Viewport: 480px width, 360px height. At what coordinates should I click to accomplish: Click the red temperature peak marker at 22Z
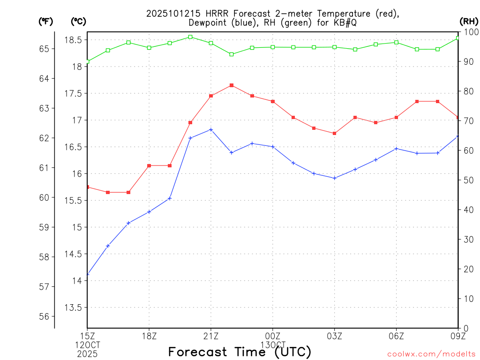pyautogui.click(x=232, y=85)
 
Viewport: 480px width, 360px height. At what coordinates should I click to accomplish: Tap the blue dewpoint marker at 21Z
pyautogui.click(x=211, y=129)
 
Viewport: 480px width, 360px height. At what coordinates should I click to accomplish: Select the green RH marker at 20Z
pyautogui.click(x=190, y=37)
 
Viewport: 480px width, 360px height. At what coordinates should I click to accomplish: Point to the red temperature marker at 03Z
pyautogui.click(x=335, y=133)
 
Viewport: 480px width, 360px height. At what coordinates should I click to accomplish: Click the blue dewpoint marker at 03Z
pyautogui.click(x=335, y=178)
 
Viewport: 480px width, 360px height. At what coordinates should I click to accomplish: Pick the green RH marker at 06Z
pyautogui.click(x=397, y=42)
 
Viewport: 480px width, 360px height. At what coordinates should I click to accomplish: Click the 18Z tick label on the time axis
pyautogui.click(x=149, y=336)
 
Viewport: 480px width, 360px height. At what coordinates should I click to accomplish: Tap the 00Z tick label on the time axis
pyautogui.click(x=273, y=336)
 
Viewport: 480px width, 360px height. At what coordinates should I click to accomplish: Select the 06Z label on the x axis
pyautogui.click(x=397, y=336)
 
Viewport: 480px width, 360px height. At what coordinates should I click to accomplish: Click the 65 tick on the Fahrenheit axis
pyautogui.click(x=44, y=49)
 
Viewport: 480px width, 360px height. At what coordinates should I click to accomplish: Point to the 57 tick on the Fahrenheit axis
pyautogui.click(x=44, y=286)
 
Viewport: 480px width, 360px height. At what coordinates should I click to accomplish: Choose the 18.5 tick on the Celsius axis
pyautogui.click(x=73, y=40)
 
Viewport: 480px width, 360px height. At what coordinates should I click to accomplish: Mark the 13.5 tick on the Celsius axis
pyautogui.click(x=73, y=308)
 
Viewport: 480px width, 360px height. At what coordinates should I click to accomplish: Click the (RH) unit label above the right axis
pyautogui.click(x=469, y=21)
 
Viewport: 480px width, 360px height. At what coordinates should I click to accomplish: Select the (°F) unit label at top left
pyautogui.click(x=45, y=21)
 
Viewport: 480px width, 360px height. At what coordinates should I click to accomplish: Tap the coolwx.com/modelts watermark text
pyautogui.click(x=431, y=354)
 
